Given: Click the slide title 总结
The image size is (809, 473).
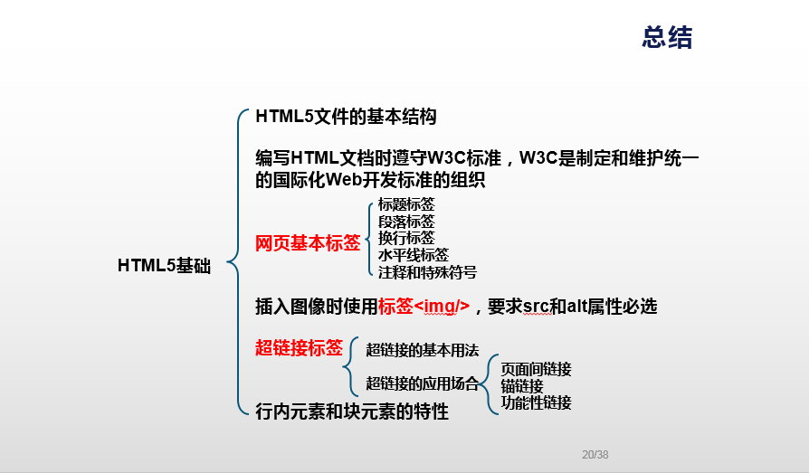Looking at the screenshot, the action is click(667, 38).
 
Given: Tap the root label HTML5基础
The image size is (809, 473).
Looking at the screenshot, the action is click(165, 266).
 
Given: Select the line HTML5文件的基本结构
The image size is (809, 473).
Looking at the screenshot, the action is click(347, 117).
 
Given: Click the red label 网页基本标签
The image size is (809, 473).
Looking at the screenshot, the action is click(308, 243).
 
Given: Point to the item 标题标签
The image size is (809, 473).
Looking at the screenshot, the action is click(406, 204).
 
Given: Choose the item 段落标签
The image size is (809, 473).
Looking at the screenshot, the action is click(406, 222).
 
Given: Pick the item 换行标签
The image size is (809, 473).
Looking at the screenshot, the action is click(406, 238).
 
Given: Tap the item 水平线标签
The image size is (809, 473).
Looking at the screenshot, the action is click(414, 255).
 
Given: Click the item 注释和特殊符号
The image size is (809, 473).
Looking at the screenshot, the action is click(427, 272).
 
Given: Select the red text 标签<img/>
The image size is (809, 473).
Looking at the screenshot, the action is click(424, 307).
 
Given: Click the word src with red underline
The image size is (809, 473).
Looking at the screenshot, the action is click(536, 307).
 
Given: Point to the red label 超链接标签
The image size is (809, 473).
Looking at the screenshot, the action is click(299, 347).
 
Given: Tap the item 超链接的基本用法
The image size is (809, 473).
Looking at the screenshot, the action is click(423, 350).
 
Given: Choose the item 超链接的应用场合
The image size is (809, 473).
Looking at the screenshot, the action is click(423, 383).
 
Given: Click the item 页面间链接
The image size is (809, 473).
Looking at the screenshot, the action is click(536, 369).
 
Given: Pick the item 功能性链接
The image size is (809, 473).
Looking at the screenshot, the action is click(536, 402).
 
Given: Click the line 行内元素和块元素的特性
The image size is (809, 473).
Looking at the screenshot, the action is click(352, 412).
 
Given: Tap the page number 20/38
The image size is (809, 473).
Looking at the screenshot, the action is click(595, 455).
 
